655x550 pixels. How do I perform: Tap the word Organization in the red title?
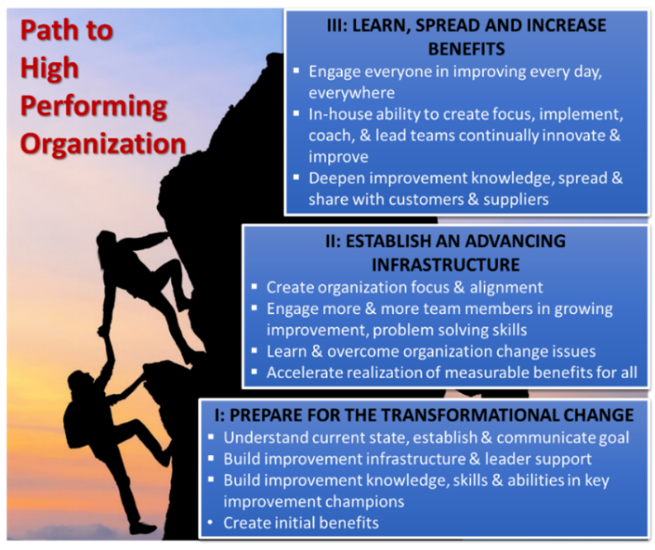pyautogui.click(x=103, y=144)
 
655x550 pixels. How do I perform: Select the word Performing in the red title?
pyautogui.click(x=93, y=107)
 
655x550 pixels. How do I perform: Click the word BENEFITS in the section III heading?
pyautogui.click(x=467, y=50)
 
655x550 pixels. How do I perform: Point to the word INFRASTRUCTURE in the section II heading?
pyautogui.click(x=446, y=265)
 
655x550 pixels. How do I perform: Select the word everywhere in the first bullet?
pyautogui.click(x=351, y=93)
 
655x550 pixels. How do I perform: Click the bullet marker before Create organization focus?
pyautogui.click(x=254, y=287)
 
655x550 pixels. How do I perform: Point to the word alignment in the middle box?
pyautogui.click(x=506, y=287)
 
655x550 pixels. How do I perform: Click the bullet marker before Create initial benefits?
pyautogui.click(x=211, y=523)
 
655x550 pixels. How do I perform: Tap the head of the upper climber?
pyautogui.click(x=106, y=242)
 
